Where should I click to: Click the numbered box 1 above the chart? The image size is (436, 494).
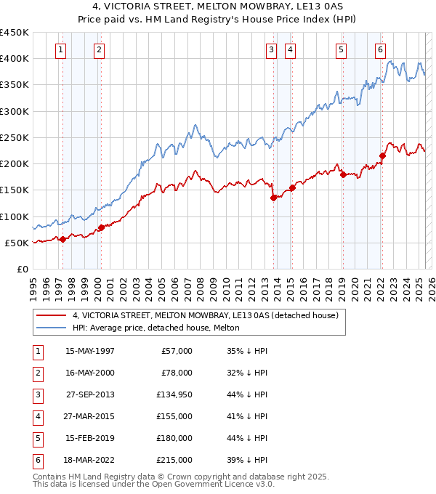[x=60, y=50]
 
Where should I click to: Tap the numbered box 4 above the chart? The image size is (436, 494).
[x=290, y=50]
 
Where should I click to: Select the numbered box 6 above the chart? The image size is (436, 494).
[x=380, y=50]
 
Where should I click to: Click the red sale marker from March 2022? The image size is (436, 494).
[x=383, y=155]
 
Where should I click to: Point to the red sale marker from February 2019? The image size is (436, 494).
[x=343, y=174]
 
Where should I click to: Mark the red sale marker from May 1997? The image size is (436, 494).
[x=62, y=239]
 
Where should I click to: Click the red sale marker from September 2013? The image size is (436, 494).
[x=273, y=198]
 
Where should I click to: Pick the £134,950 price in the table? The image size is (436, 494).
[x=174, y=394]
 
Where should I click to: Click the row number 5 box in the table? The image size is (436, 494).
[x=36, y=438]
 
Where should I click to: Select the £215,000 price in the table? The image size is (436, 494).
[x=174, y=460]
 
